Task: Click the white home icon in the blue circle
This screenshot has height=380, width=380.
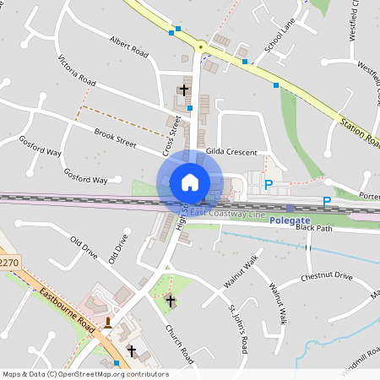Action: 190,181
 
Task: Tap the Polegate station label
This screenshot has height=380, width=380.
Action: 290,220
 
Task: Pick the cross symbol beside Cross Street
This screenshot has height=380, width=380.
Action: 184,89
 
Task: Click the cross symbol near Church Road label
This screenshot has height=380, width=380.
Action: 170,300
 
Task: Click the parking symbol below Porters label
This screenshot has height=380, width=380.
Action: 327,202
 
